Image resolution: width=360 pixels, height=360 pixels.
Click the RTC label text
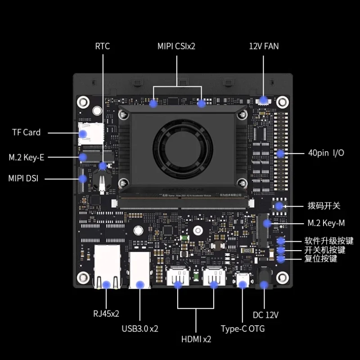(x=102, y=46)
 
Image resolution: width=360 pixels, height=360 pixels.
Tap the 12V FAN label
(x=264, y=46)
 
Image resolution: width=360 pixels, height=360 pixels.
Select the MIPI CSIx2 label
(x=176, y=46)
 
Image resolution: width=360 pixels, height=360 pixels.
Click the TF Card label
(x=26, y=132)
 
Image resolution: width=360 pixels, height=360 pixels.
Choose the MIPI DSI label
(x=23, y=178)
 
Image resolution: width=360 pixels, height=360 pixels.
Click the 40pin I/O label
(x=326, y=153)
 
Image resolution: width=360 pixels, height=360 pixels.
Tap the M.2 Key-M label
(x=326, y=223)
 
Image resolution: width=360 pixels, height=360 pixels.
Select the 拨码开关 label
(x=324, y=206)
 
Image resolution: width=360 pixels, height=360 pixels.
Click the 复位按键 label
(x=320, y=259)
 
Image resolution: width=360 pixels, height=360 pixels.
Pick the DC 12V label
(x=265, y=315)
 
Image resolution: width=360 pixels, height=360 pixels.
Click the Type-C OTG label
(x=243, y=328)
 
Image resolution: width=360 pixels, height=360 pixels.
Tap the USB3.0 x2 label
(x=140, y=328)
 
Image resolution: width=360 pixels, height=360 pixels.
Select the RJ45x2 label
(x=107, y=314)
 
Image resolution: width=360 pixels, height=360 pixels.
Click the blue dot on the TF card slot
(x=83, y=133)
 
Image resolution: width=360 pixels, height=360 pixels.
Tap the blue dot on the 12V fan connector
(x=264, y=100)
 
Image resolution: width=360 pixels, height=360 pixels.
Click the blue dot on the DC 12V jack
(x=264, y=284)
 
